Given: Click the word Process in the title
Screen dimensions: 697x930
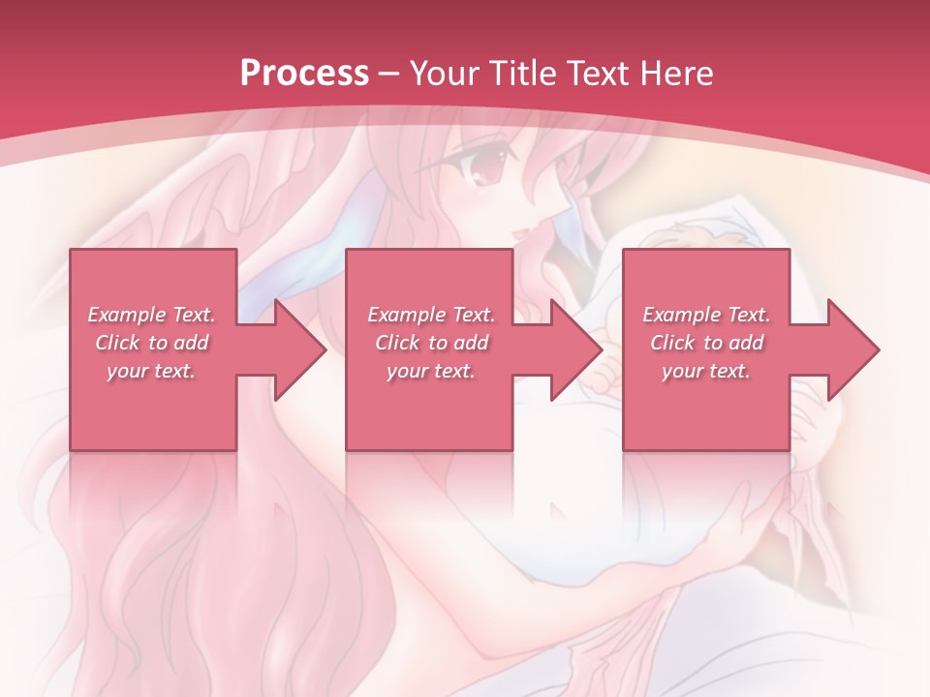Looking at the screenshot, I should click(x=304, y=73).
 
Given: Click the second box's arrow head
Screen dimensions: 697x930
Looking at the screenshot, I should click(x=575, y=349).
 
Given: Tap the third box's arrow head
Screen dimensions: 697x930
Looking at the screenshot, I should click(x=852, y=349).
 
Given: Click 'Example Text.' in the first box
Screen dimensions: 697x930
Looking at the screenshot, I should click(x=151, y=315).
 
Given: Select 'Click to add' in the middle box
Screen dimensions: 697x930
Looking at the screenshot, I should click(x=431, y=343).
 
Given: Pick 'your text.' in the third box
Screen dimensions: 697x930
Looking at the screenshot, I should click(x=706, y=371).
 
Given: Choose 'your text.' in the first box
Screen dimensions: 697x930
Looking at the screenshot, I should click(x=151, y=371).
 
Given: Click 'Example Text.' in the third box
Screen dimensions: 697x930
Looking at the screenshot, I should click(x=706, y=315).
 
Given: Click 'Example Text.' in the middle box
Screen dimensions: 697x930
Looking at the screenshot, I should click(x=431, y=315).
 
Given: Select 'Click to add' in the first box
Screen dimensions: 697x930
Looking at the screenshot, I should click(x=151, y=343).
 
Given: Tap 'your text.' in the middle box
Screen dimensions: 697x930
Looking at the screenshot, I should click(x=431, y=371).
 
